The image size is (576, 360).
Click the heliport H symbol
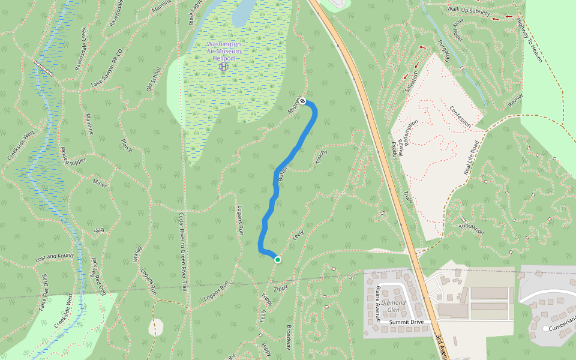click(x=224, y=67)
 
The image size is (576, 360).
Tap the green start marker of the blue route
click(x=277, y=259)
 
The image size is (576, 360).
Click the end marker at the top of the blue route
click(x=303, y=101)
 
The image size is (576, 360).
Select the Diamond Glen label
click(x=394, y=306)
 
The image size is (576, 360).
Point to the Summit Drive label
click(x=406, y=322)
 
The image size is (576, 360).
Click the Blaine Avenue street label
click(x=379, y=304)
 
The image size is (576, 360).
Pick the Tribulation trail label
click(x=470, y=227)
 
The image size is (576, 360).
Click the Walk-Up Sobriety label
click(x=468, y=11)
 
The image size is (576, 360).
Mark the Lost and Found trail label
click(x=54, y=257)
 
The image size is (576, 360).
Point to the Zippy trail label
click(x=281, y=289)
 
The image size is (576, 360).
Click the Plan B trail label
click(x=125, y=145)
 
